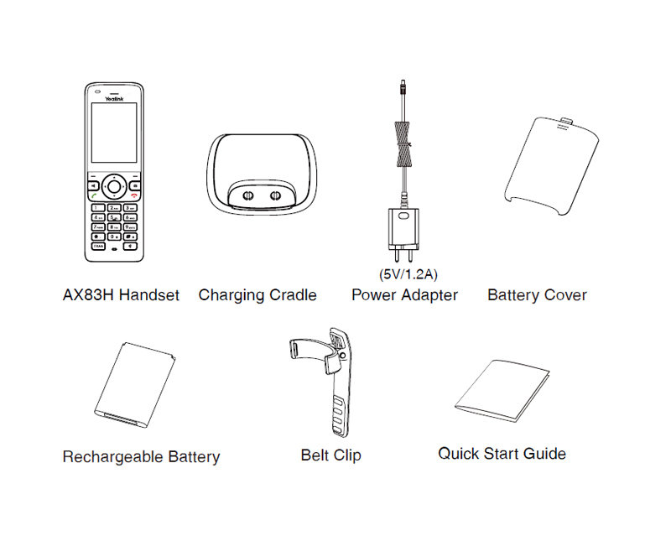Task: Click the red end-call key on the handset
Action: pos(135,195)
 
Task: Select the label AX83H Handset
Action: pos(121,295)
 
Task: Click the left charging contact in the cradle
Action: pos(247,194)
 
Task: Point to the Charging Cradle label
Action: pos(257,295)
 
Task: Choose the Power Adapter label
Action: pos(404,295)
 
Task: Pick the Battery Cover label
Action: pos(537,295)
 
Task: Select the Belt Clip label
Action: pos(330,456)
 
